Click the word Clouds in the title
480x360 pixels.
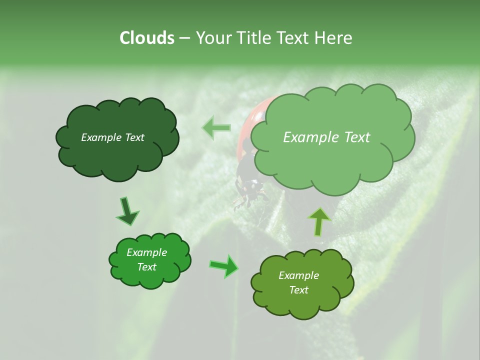pyautogui.click(x=146, y=38)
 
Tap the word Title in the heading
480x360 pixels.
pyautogui.click(x=254, y=38)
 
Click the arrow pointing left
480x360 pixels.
pyautogui.click(x=216, y=127)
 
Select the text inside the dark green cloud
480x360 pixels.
pyautogui.click(x=112, y=137)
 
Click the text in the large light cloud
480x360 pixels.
pyautogui.click(x=326, y=137)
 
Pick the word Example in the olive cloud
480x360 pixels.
pyautogui.click(x=298, y=275)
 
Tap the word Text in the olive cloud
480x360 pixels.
pyautogui.click(x=298, y=290)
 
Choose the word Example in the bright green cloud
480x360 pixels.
pyautogui.click(x=146, y=252)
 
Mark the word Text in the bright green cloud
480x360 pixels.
pyautogui.click(x=146, y=267)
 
